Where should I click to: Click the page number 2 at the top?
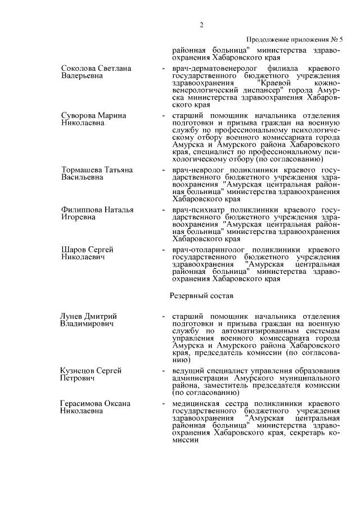[201, 24]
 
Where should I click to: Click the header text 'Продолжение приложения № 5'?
[295, 40]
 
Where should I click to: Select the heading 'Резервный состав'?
[202, 295]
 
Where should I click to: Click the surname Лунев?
[73, 317]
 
